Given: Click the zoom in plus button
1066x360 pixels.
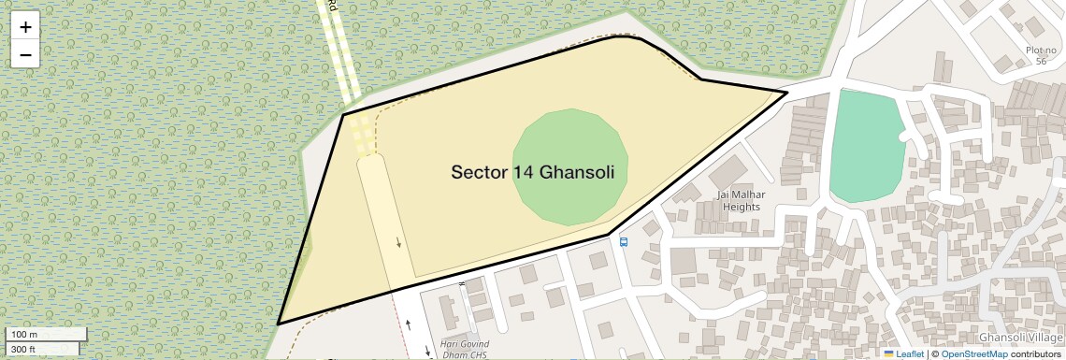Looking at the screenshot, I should click(25, 27).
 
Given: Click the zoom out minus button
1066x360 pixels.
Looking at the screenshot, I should click(25, 54).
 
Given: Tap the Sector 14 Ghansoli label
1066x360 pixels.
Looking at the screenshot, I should click(539, 172).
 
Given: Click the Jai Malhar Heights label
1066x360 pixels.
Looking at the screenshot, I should click(741, 200).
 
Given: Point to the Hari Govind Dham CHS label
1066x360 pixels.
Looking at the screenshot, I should click(464, 350).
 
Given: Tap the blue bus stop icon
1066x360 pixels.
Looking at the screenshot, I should click(623, 241).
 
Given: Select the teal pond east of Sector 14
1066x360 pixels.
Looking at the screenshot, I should click(866, 145).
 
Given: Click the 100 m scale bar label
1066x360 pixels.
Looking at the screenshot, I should click(24, 334).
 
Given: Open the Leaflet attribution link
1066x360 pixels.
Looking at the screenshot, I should click(904, 354).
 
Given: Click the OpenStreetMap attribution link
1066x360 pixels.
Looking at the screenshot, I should click(973, 354).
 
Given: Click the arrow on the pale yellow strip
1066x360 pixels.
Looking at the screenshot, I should click(399, 243).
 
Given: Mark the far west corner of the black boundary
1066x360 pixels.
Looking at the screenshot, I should click(278, 324).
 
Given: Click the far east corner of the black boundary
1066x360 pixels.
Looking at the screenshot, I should click(786, 92).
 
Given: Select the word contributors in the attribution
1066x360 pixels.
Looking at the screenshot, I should click(1035, 354).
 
